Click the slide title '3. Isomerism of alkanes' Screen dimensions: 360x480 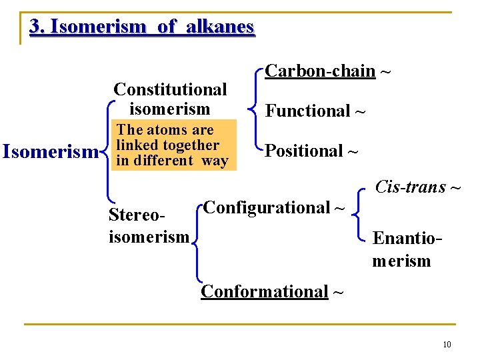pyautogui.click(x=141, y=27)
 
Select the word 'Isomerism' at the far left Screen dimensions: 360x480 pyautogui.click(x=51, y=152)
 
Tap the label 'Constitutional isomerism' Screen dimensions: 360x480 pyautogui.click(x=170, y=99)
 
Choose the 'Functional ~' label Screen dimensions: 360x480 pyautogui.click(x=315, y=111)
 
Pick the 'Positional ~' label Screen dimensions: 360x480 pyautogui.click(x=311, y=151)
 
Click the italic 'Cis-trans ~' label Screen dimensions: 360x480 pyautogui.click(x=418, y=187)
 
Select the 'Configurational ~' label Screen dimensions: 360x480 pyautogui.click(x=274, y=208)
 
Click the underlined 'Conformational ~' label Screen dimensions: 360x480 pyautogui.click(x=273, y=291)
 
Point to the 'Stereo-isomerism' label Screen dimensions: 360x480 pyautogui.click(x=149, y=226)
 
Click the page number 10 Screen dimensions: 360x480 pyautogui.click(x=447, y=345)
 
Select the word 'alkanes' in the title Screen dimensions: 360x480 pyautogui.click(x=220, y=27)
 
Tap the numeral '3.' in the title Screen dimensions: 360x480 pyautogui.click(x=37, y=27)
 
